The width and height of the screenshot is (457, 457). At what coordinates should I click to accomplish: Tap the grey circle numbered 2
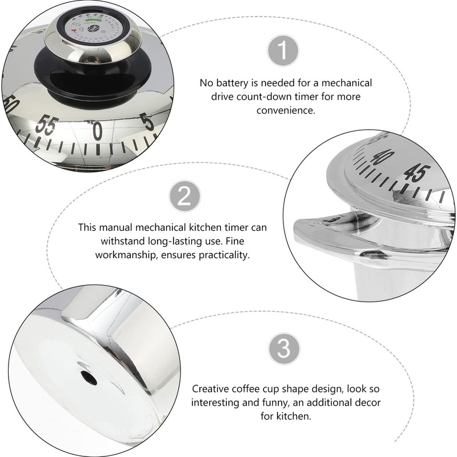[x=184, y=197]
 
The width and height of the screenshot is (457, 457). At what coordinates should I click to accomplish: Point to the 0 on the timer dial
[x=98, y=131]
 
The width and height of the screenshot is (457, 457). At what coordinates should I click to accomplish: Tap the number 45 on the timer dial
[x=416, y=173]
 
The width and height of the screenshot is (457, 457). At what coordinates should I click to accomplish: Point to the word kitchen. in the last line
[x=297, y=416]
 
